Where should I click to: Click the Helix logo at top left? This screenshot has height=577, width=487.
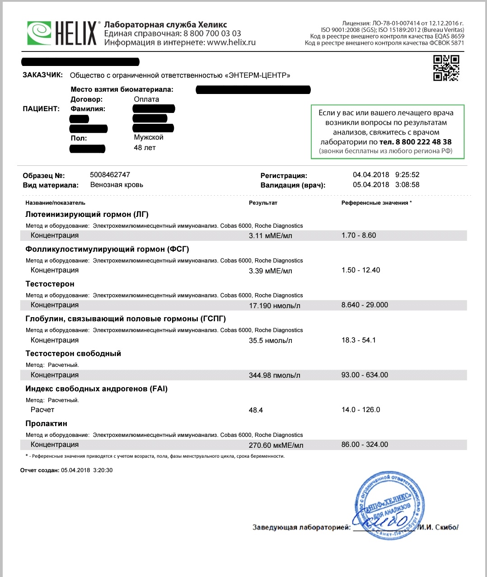coord(62,33)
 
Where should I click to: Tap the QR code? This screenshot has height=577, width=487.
coord(446,68)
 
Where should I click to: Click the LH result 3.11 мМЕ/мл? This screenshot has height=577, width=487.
coord(270,235)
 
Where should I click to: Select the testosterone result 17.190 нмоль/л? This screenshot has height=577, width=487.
coord(274,305)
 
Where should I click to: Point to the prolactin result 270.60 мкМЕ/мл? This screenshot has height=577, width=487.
coord(276,445)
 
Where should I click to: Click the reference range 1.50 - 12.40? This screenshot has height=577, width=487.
coord(361,270)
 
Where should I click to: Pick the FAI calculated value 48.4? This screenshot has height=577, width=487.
coord(256,410)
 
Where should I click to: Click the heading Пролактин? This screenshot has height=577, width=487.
coord(46,423)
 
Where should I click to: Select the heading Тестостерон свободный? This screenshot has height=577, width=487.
coord(73,353)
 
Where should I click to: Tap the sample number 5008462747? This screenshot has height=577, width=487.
coord(110,175)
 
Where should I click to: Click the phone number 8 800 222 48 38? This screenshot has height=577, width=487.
coord(423,142)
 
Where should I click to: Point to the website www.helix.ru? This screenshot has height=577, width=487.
coord(231,42)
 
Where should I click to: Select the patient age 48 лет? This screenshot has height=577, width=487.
coord(145,148)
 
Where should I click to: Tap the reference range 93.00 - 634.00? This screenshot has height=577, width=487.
coord(365,375)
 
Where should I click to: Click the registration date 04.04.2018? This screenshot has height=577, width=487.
coord(371,175)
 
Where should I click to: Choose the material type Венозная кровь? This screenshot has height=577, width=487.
coord(117,185)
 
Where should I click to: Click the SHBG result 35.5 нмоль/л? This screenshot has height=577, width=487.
coord(270,341)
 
